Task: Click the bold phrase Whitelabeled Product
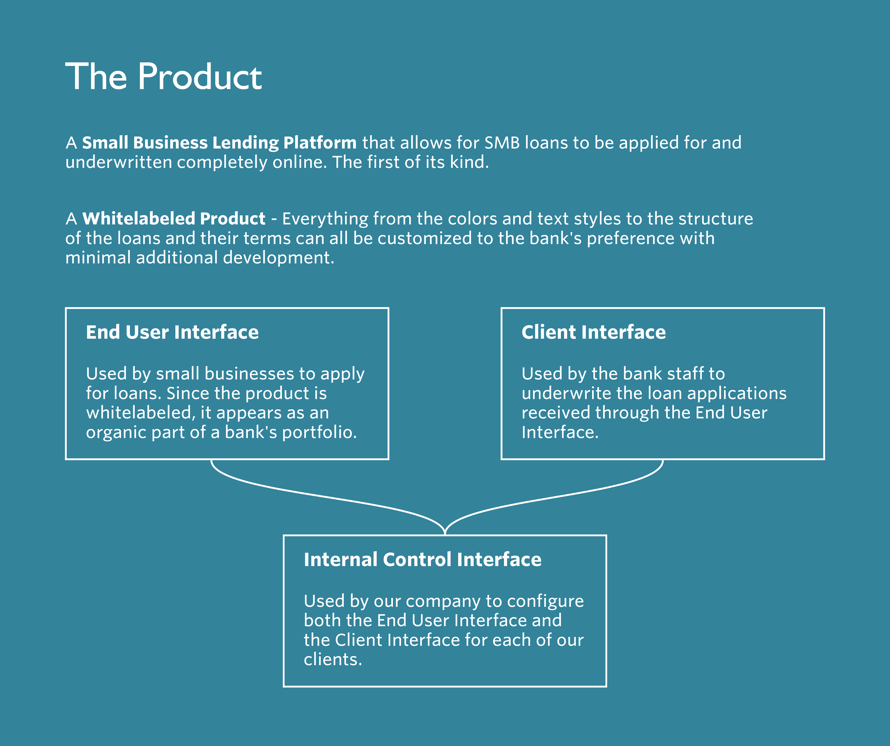click(x=174, y=219)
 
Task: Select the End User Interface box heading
click(x=172, y=332)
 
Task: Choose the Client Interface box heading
click(x=593, y=332)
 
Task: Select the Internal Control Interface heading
click(x=423, y=559)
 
